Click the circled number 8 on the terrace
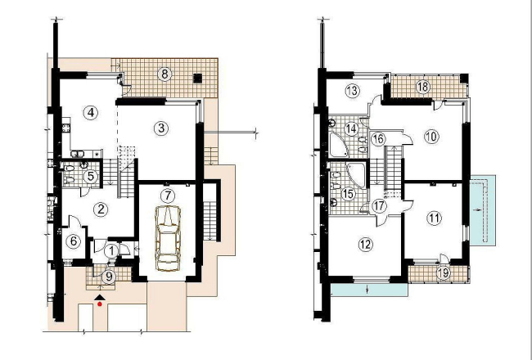(x=165, y=74)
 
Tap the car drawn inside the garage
(x=168, y=238)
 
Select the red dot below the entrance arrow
(x=100, y=304)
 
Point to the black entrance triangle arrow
(x=99, y=297)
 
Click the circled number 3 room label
(x=160, y=128)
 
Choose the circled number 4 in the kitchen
(x=91, y=113)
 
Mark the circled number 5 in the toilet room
(x=91, y=177)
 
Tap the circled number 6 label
(x=74, y=241)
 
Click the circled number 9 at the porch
(x=109, y=277)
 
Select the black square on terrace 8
(x=198, y=78)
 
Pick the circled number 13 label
(x=353, y=91)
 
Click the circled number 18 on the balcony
(x=423, y=87)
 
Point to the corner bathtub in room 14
(x=339, y=145)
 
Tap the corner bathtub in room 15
(x=355, y=175)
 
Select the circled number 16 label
(x=378, y=139)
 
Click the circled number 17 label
(x=379, y=206)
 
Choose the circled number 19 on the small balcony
(x=444, y=272)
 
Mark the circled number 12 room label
(x=365, y=245)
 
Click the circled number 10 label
(x=431, y=137)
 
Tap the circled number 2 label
(x=101, y=209)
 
